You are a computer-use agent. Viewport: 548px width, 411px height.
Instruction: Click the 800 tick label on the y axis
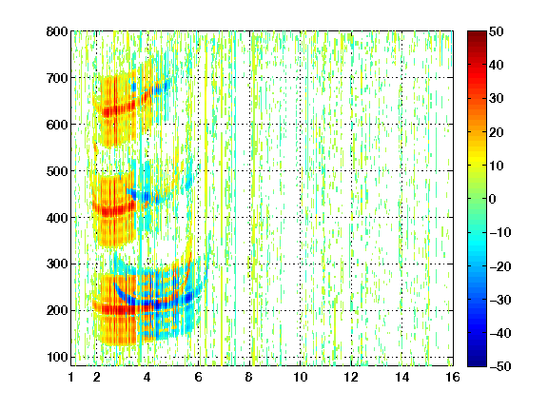(57, 31)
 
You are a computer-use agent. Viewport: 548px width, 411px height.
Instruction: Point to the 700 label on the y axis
(57, 78)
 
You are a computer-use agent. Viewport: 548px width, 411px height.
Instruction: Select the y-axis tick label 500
(57, 171)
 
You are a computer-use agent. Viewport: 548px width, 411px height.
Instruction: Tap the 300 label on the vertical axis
(57, 264)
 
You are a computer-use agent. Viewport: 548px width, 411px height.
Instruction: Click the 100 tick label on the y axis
(57, 357)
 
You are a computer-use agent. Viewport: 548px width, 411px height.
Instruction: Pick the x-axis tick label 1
(71, 377)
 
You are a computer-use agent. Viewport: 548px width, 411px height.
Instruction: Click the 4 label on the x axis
(147, 377)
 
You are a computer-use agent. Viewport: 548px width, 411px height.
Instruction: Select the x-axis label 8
(248, 377)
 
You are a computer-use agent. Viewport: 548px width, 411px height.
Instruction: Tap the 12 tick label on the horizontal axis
(351, 377)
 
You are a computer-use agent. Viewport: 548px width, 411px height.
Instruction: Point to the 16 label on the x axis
(453, 377)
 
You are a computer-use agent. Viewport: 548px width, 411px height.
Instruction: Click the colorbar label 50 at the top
(497, 31)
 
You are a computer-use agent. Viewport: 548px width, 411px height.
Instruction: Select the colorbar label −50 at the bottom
(500, 366)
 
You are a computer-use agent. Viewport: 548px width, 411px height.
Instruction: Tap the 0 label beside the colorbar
(493, 199)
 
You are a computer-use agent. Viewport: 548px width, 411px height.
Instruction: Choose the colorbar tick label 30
(497, 99)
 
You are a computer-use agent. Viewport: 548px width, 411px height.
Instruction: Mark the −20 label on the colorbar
(500, 266)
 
